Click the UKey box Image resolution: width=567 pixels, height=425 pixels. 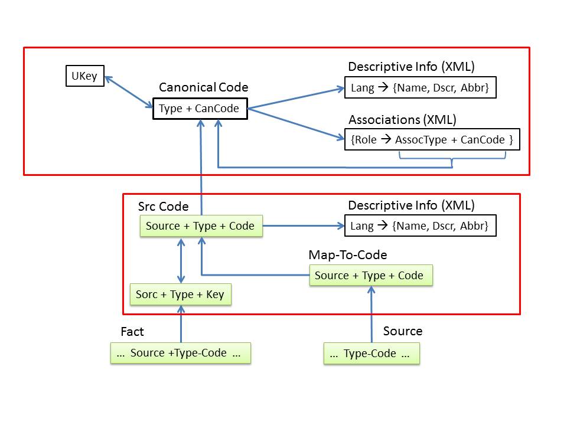pyautogui.click(x=84, y=76)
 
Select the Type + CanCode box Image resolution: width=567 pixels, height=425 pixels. pyautogui.click(x=200, y=109)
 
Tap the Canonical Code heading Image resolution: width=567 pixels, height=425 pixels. pyautogui.click(x=203, y=88)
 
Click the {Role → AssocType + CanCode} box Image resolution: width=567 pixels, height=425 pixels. pyautogui.click(x=432, y=140)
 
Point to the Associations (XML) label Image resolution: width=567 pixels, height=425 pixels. pyautogui.click(x=402, y=120)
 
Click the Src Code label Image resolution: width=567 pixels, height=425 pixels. pyautogui.click(x=163, y=207)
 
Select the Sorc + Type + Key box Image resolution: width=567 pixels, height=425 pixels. pyautogui.click(x=180, y=295)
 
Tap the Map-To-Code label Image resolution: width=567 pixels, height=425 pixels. pyautogui.click(x=348, y=255)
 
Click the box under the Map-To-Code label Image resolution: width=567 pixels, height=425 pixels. pyautogui.click(x=370, y=276)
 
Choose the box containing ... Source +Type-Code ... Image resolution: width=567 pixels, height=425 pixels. pyautogui.click(x=180, y=353)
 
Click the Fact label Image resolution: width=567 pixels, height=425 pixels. pyautogui.click(x=132, y=332)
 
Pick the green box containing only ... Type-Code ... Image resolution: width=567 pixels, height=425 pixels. pyautogui.click(x=372, y=354)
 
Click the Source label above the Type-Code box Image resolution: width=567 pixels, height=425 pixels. pyautogui.click(x=402, y=331)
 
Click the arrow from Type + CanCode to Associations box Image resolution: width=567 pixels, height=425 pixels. pyautogui.click(x=295, y=123)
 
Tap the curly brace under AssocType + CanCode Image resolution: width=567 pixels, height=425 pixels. pyautogui.click(x=452, y=159)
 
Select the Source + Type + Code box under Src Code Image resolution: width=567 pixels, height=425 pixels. pyautogui.click(x=201, y=226)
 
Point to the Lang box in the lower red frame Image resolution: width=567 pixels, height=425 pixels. pyautogui.click(x=420, y=226)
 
